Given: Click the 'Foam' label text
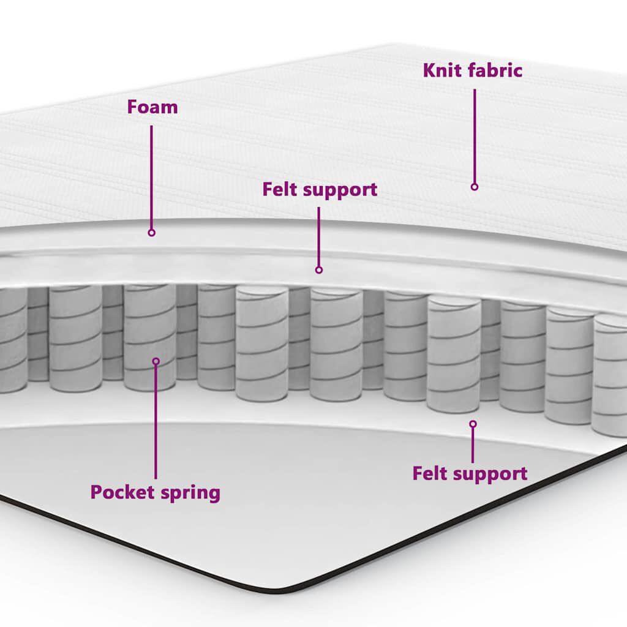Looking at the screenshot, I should point(152,107).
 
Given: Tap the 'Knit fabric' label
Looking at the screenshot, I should point(473,70).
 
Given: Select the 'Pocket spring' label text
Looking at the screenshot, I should point(155,492).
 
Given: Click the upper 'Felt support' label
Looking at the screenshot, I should point(320,189).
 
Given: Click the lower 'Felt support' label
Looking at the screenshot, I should point(469,473).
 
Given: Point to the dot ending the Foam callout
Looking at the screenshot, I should point(152,233).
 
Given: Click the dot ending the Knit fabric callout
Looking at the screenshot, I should point(474,186).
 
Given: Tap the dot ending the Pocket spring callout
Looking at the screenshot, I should point(156,361).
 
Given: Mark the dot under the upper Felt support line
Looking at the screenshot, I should point(318,269).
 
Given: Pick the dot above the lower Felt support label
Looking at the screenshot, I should point(473,424).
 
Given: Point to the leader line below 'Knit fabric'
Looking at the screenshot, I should point(474,135).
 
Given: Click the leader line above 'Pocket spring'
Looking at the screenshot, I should point(156,422).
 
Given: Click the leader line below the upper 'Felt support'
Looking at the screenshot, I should point(318,236).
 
